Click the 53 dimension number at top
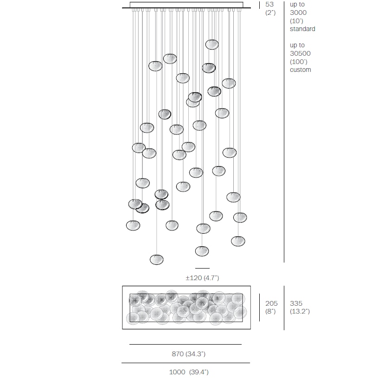pyautogui.click(x=270, y=4)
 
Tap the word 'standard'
pyautogui.click(x=302, y=29)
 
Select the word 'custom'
pyautogui.click(x=301, y=70)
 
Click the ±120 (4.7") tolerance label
pyautogui.click(x=202, y=278)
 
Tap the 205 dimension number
pyautogui.click(x=271, y=303)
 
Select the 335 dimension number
pyautogui.click(x=296, y=303)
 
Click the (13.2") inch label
pyautogui.click(x=300, y=311)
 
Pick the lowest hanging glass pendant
pyautogui.click(x=157, y=259)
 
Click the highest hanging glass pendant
pyautogui.click(x=212, y=45)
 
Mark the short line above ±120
pyautogui.click(x=202, y=268)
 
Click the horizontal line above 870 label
pyautogui.click(x=186, y=345)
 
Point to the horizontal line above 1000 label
pyautogui.click(x=186, y=363)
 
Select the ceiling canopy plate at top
pyautogui.click(x=186, y=5)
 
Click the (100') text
pyautogui.click(x=299, y=62)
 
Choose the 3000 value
pyautogui.click(x=298, y=13)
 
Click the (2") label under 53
pyautogui.click(x=270, y=13)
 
